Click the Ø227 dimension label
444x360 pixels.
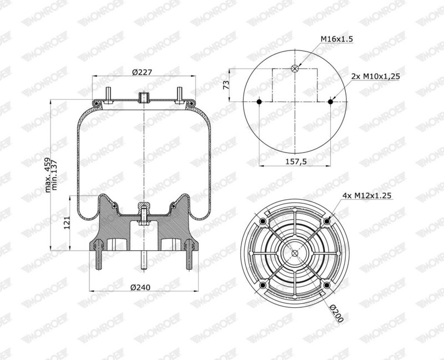point(143,70)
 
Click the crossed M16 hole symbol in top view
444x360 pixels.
point(295,69)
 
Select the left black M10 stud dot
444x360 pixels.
point(260,102)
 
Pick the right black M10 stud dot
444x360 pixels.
point(330,102)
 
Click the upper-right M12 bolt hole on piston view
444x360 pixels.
point(327,221)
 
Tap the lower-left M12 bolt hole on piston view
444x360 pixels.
point(263,285)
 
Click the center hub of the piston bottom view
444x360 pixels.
point(295,253)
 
